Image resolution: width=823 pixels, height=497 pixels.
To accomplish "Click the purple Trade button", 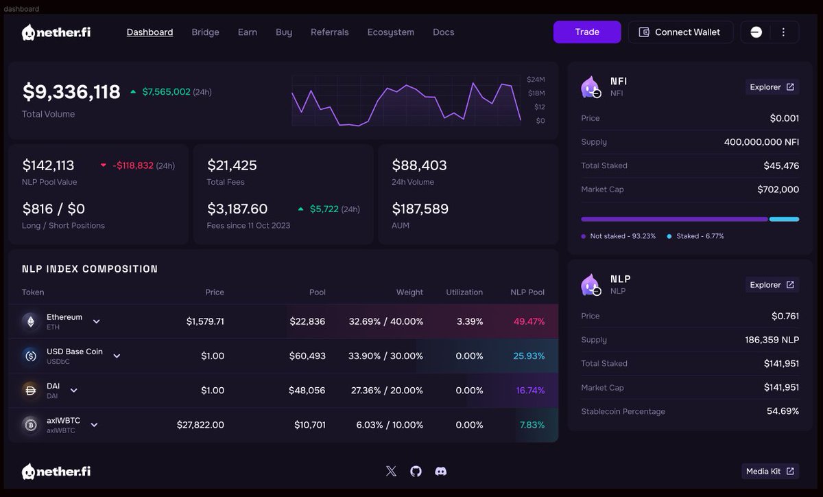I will point(587,32).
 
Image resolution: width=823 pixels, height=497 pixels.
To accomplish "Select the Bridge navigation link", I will point(205,32).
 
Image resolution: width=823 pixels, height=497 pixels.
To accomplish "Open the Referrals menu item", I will point(329,32).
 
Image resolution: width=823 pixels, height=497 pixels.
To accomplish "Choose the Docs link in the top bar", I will point(443,32).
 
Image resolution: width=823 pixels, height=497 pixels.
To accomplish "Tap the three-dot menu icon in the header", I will point(783,32).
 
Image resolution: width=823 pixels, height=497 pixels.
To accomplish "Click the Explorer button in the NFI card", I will point(772,87).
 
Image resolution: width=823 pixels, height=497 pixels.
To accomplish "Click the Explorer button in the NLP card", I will point(772,285).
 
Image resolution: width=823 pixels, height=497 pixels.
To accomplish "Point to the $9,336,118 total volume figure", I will point(71,92).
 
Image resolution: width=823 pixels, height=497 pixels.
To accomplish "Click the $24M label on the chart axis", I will point(536,80).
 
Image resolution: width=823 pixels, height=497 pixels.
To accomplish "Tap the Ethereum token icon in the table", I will point(30,321).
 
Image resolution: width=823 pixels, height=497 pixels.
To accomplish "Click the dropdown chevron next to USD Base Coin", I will point(117,356).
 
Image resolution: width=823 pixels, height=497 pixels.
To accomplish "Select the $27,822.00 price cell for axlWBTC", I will point(200,425).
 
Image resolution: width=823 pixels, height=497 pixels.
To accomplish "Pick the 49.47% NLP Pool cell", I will point(529,321).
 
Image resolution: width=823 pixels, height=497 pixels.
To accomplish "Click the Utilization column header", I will point(464,292).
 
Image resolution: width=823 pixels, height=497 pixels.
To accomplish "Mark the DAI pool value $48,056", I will point(307,391).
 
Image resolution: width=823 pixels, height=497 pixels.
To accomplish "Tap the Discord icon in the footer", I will point(441,471).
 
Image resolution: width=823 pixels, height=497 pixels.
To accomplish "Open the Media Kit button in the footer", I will point(770,471).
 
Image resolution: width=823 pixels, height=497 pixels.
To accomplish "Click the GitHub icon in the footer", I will point(416,471).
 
